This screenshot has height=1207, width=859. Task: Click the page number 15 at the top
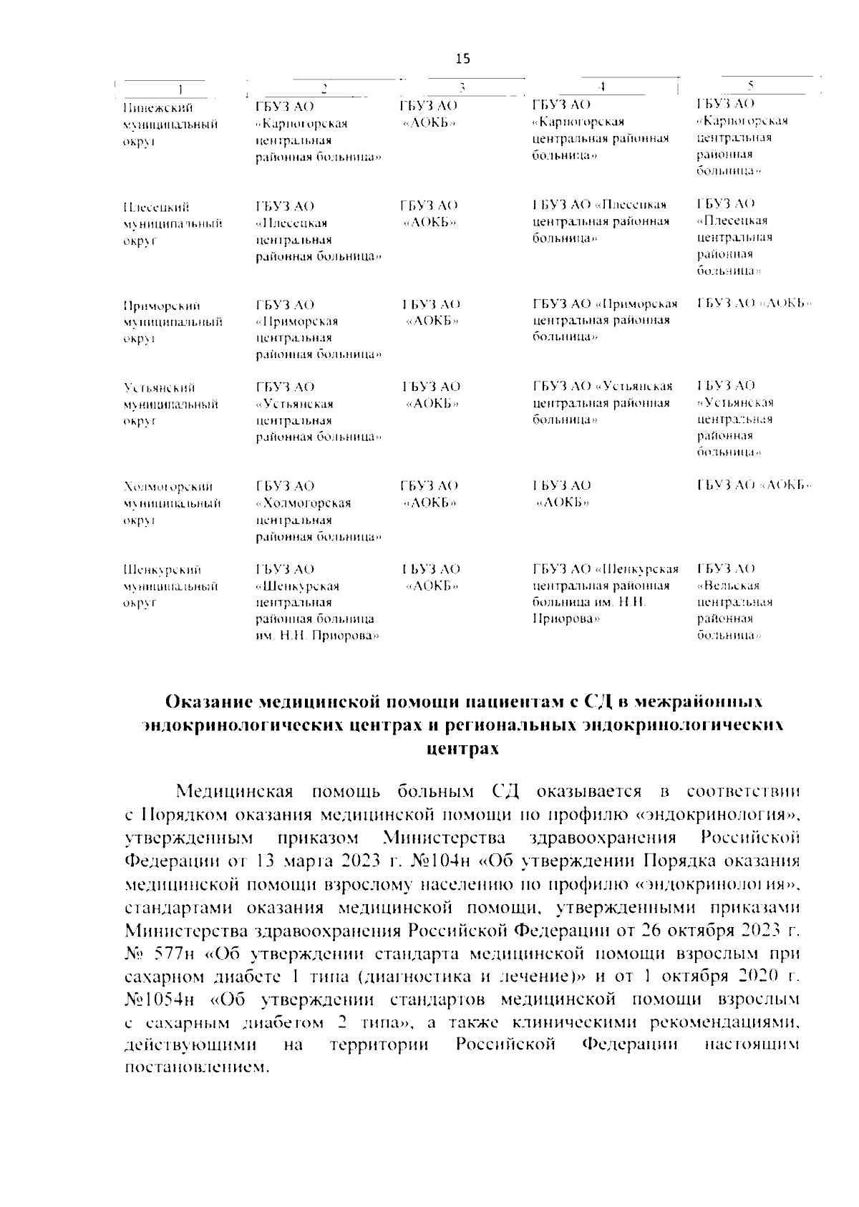[x=462, y=59]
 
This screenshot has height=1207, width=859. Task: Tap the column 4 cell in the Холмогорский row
[x=562, y=494]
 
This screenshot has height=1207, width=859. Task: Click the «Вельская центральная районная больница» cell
[x=734, y=602]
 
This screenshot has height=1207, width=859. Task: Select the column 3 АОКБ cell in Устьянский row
[x=431, y=395]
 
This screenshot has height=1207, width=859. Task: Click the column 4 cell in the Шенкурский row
[x=605, y=594]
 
